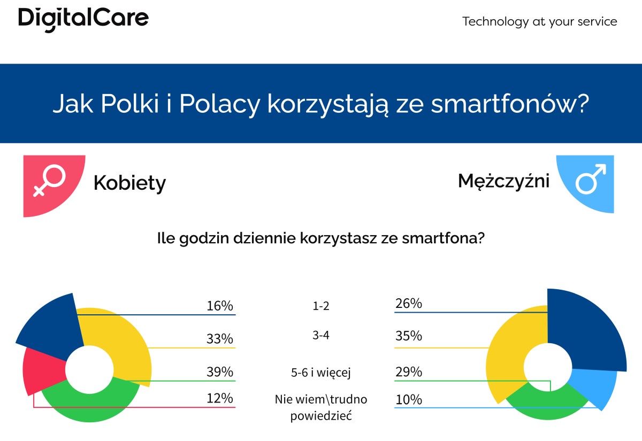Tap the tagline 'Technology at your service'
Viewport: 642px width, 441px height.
[539, 22]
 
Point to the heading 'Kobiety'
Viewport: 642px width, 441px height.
[129, 183]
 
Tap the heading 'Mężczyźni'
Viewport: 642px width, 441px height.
[503, 181]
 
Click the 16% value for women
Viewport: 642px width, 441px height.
[219, 306]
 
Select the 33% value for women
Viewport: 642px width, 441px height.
[219, 339]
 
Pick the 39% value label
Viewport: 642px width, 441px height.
[219, 372]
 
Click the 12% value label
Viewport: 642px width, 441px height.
[219, 398]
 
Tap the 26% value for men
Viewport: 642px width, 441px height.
[409, 304]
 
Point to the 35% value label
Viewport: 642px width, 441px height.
[409, 336]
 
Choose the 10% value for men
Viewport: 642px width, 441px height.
[409, 399]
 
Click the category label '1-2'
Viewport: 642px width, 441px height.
[321, 306]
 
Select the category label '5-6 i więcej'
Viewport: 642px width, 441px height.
[321, 373]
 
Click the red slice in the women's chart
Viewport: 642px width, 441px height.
[43, 372]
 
